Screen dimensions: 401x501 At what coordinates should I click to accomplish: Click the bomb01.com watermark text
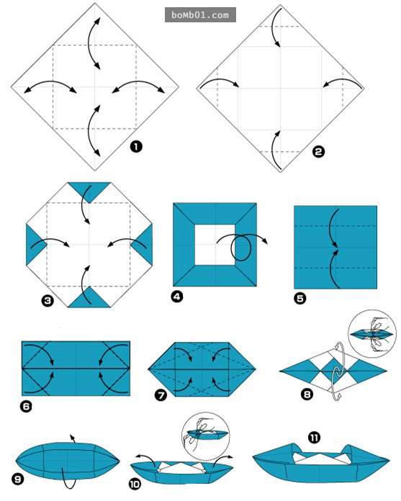(x=200, y=15)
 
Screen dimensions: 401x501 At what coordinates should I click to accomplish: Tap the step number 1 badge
(x=136, y=147)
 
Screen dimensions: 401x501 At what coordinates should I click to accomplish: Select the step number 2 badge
(x=318, y=151)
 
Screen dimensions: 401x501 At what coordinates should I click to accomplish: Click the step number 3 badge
(x=48, y=301)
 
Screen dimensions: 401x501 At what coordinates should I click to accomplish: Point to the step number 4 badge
(x=177, y=297)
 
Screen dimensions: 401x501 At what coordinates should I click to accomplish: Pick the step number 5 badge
(x=300, y=299)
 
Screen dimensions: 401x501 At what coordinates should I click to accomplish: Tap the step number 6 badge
(x=26, y=406)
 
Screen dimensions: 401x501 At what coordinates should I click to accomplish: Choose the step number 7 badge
(x=161, y=396)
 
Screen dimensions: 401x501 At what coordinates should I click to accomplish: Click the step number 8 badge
(x=307, y=394)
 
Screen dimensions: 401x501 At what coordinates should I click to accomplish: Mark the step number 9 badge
(x=17, y=479)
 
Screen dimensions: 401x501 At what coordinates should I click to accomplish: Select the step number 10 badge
(x=135, y=484)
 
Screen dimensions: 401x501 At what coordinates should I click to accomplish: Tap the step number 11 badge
(x=314, y=438)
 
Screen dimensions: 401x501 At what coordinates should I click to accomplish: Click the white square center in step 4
(x=215, y=245)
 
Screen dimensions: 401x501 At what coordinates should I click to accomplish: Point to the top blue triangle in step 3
(x=89, y=191)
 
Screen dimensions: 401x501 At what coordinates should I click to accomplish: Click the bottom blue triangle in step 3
(x=89, y=299)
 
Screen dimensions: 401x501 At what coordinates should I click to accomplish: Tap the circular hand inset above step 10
(x=205, y=436)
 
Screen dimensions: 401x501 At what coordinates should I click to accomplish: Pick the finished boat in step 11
(x=321, y=464)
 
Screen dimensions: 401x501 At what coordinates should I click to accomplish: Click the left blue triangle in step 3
(x=35, y=245)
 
